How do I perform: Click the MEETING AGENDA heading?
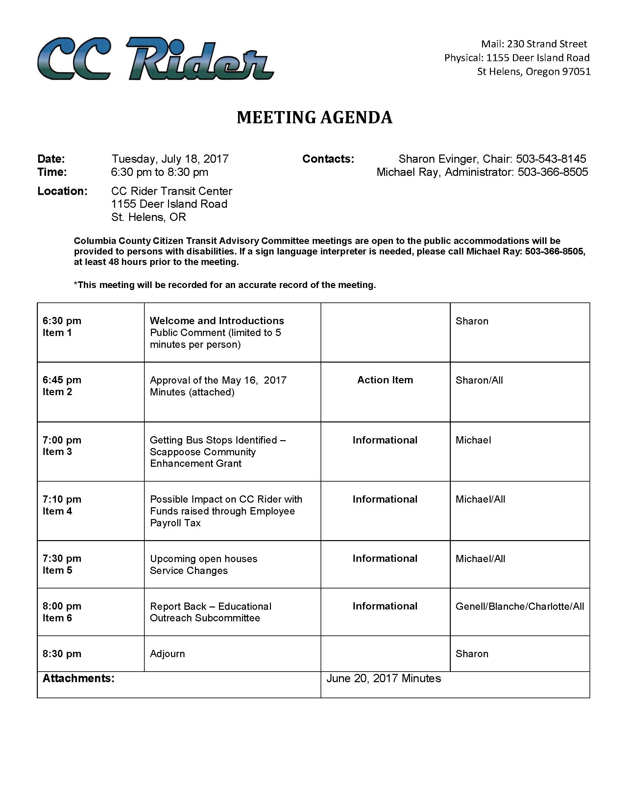[x=314, y=118]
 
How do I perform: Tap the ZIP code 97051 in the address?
[x=576, y=72]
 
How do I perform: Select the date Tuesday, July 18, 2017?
[x=170, y=159]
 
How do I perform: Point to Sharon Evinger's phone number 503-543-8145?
[x=551, y=159]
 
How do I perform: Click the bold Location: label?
[x=62, y=191]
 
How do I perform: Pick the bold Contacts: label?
[x=328, y=159]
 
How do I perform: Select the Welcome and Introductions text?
[x=217, y=321]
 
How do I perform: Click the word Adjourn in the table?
[x=167, y=654]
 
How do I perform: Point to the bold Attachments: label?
[x=78, y=678]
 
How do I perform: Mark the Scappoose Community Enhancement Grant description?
[x=218, y=452]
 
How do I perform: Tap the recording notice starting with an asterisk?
[x=225, y=285]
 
